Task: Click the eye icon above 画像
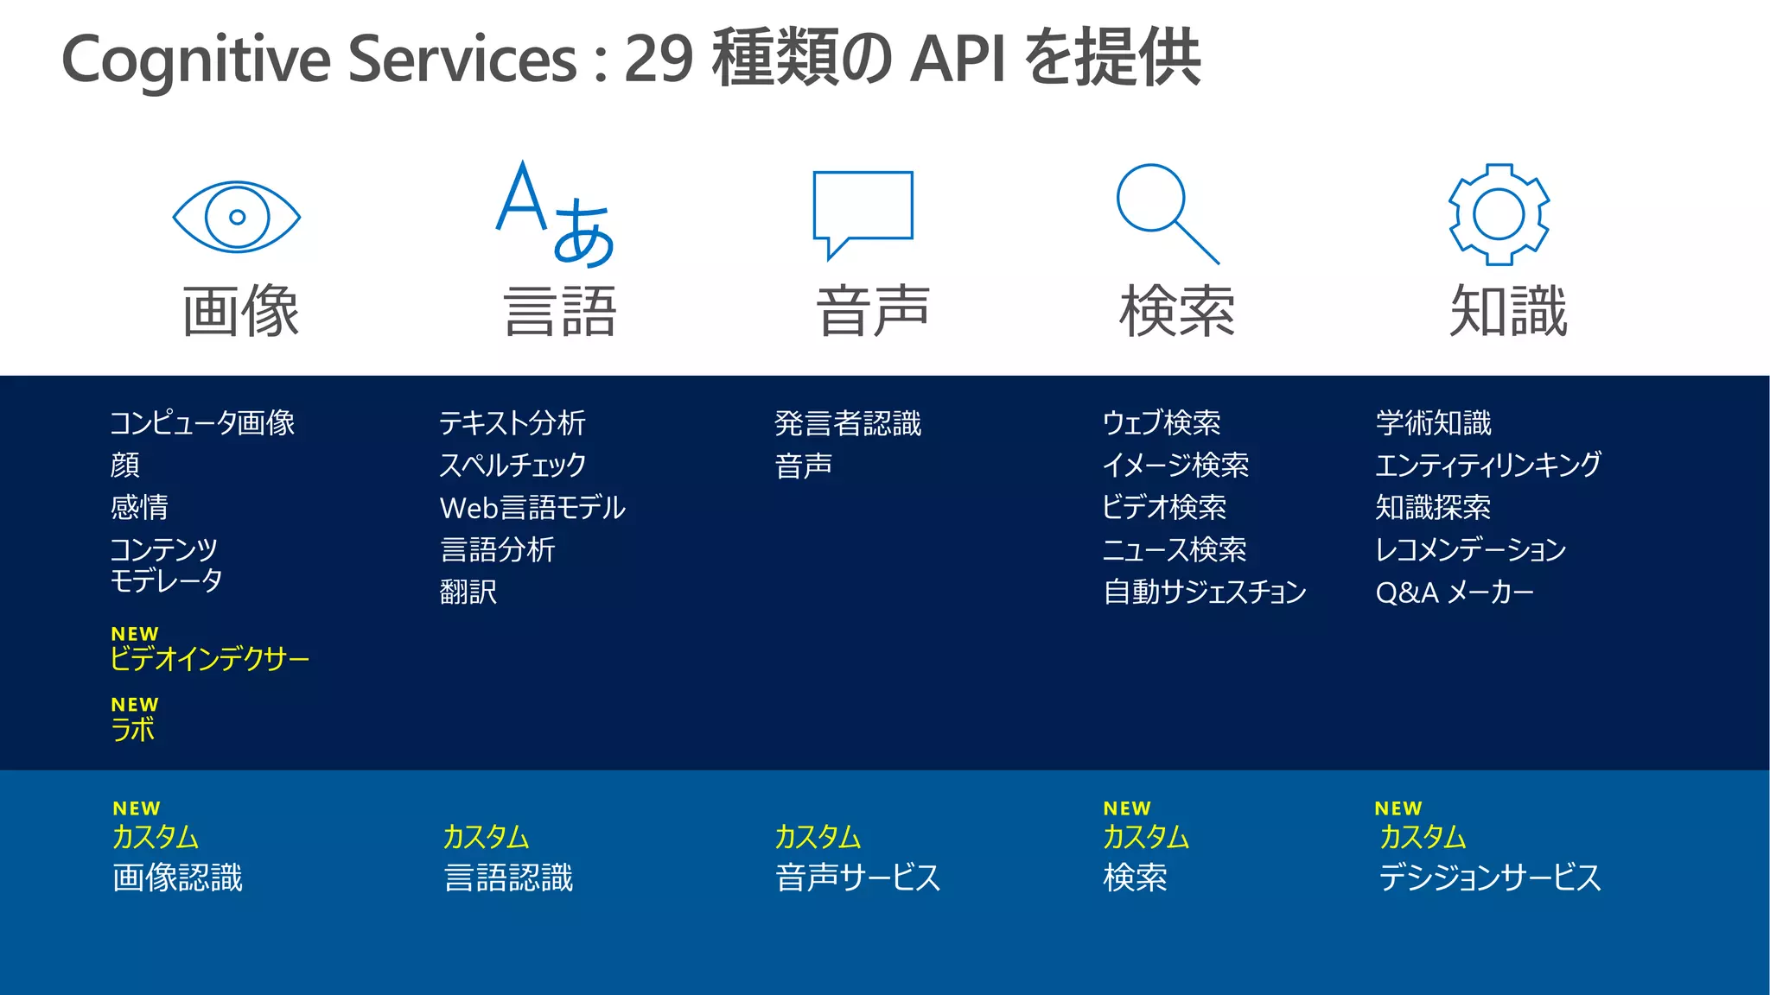click(x=236, y=217)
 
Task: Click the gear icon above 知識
click(x=1499, y=214)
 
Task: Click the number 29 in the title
click(x=658, y=59)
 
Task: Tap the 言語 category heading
click(x=559, y=311)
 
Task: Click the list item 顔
click(x=125, y=465)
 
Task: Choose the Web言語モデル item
click(x=532, y=507)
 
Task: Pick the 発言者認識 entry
click(x=848, y=423)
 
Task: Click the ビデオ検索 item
click(x=1163, y=507)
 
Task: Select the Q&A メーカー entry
click(x=1454, y=592)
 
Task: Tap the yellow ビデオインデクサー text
click(x=209, y=659)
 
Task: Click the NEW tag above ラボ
click(x=135, y=705)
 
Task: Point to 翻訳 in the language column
click(x=468, y=592)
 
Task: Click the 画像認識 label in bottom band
click(x=178, y=878)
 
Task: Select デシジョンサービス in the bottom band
click(x=1489, y=878)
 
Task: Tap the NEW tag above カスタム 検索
click(x=1127, y=808)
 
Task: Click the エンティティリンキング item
click(x=1487, y=465)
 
